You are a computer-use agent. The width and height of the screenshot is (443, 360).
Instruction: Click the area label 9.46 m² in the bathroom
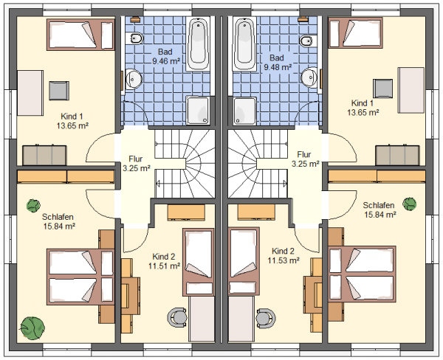[x=166, y=61]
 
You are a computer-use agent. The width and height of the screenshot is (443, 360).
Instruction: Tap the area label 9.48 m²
[x=278, y=67]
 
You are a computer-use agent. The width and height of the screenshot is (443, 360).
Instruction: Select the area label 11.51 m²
[x=165, y=266]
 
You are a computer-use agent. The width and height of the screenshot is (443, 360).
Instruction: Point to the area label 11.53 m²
[x=284, y=260]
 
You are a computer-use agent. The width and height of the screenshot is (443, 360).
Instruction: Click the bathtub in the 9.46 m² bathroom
[x=198, y=44]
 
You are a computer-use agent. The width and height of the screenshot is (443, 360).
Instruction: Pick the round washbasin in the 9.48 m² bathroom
[x=309, y=77]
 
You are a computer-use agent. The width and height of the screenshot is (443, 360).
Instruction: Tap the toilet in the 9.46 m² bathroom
[x=135, y=38]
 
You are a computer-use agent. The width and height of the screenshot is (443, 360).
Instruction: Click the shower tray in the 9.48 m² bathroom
[x=244, y=111]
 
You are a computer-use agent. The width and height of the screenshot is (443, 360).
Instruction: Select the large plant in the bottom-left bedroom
[x=32, y=328]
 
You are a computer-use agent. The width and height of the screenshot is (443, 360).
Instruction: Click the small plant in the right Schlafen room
[x=409, y=204]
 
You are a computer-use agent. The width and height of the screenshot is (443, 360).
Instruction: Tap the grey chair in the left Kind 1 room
[x=59, y=91]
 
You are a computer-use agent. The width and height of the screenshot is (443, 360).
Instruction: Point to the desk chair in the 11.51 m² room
[x=177, y=316]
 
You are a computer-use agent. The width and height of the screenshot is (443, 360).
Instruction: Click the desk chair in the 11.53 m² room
[x=266, y=316]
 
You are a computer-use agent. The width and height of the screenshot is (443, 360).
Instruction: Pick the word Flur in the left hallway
[x=136, y=159]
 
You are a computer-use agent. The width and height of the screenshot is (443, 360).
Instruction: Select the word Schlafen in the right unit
[x=379, y=205]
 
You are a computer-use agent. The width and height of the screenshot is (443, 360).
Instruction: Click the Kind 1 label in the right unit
[x=363, y=103]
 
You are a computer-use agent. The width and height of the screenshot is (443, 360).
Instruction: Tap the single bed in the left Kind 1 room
[x=80, y=35]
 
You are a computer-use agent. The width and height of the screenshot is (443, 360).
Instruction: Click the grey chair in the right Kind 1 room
[x=382, y=89]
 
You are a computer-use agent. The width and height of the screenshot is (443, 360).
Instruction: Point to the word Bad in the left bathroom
[x=165, y=52]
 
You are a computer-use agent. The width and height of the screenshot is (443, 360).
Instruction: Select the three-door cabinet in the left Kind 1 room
[x=44, y=155]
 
